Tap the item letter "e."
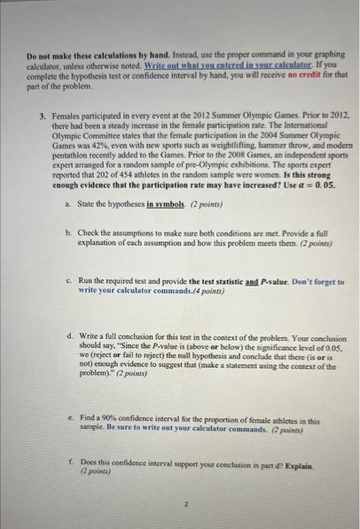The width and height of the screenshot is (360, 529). click(69, 415)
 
